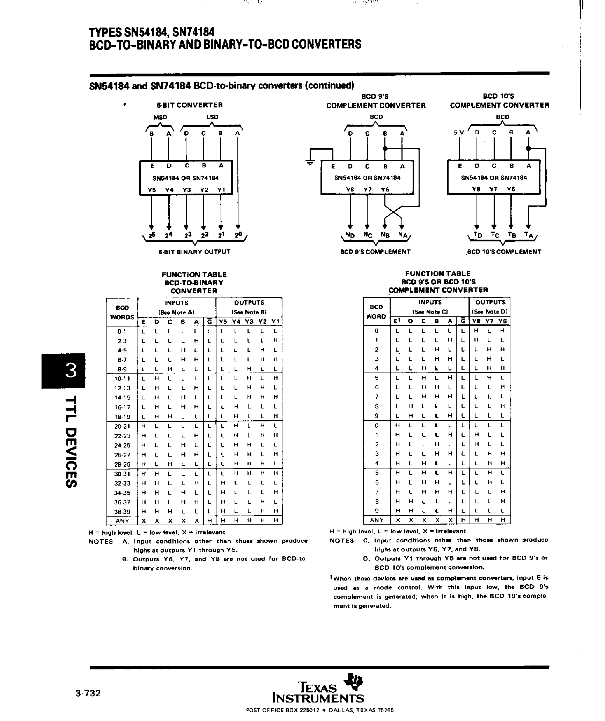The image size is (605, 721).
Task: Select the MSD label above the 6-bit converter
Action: click(161, 118)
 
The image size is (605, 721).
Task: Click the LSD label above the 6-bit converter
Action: click(212, 117)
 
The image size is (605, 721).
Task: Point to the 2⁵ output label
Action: click(152, 235)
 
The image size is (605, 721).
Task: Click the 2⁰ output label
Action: click(238, 235)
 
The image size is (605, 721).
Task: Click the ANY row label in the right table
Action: click(376, 520)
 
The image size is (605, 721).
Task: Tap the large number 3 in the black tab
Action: click(71, 370)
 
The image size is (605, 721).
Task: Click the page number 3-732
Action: click(88, 693)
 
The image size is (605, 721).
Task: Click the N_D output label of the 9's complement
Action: click(350, 235)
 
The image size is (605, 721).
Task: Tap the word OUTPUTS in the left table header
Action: click(249, 303)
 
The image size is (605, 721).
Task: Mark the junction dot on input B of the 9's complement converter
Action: click(385, 148)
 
